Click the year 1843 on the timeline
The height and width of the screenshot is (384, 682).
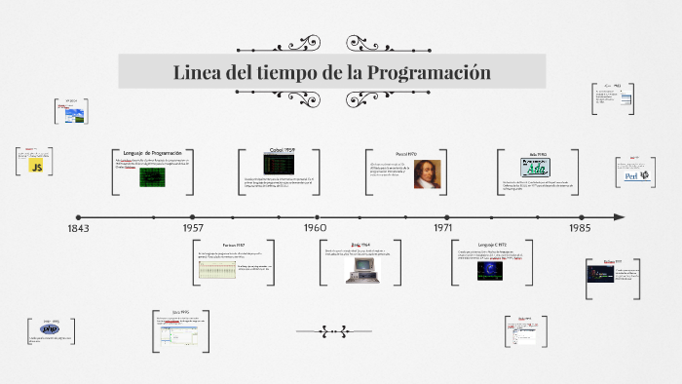(78, 229)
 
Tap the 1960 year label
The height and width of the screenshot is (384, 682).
(314, 229)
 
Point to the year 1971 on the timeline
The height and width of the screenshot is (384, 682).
(442, 229)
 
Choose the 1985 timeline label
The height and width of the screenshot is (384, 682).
(580, 229)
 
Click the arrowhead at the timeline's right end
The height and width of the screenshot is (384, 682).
(619, 216)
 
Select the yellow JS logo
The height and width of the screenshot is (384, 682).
(36, 168)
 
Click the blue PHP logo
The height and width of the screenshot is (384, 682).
(51, 328)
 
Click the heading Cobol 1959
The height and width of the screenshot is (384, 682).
(283, 150)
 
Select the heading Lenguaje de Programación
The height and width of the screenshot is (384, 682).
(152, 154)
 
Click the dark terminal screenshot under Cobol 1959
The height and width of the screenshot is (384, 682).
(283, 165)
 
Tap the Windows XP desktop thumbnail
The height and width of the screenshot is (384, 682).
(72, 115)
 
